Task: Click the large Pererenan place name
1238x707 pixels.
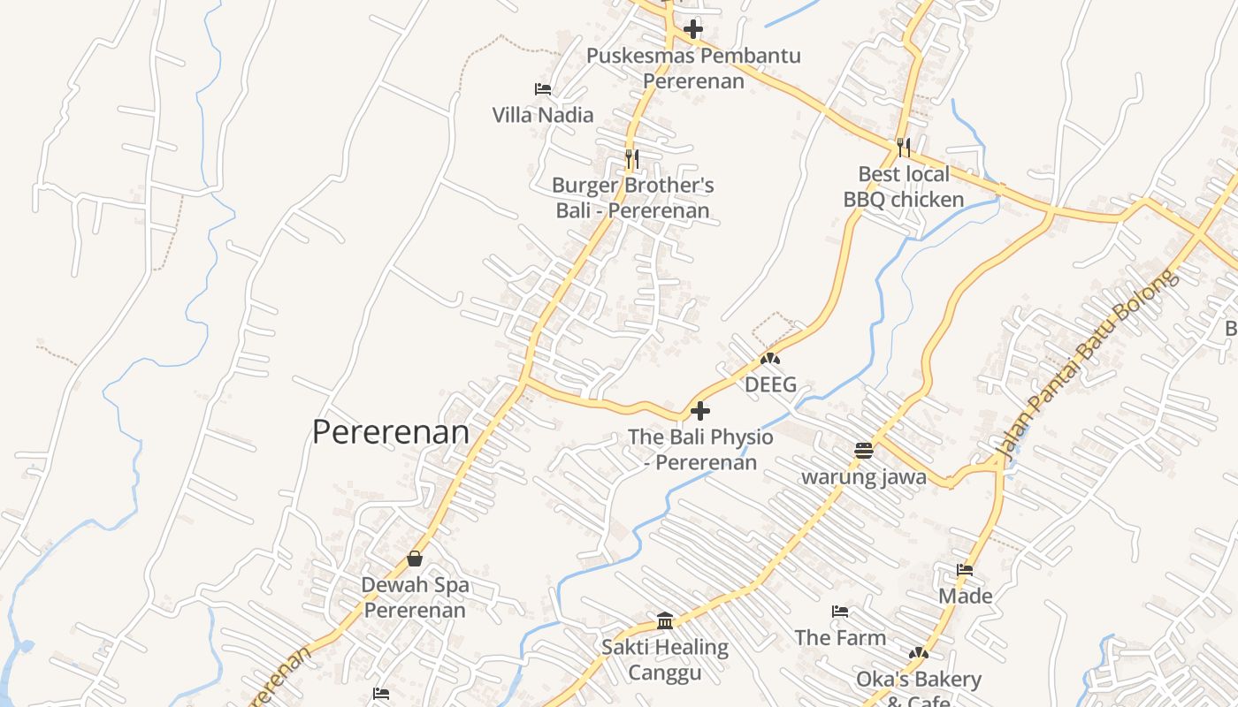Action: coord(391,432)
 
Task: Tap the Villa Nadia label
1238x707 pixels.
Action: coord(543,115)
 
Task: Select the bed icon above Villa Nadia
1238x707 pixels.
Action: coord(543,88)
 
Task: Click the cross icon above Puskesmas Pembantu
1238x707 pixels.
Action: coord(693,29)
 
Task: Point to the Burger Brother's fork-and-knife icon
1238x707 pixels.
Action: coord(632,159)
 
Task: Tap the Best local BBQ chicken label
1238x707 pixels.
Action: coord(903,186)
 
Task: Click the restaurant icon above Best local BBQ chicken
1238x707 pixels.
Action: coord(903,147)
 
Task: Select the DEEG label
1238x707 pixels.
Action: coord(770,384)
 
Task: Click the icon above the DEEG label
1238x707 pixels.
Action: coord(770,359)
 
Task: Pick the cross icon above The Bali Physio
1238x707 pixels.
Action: coord(700,411)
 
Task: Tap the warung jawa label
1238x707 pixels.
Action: coord(863,477)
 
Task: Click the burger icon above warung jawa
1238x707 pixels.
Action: coord(864,450)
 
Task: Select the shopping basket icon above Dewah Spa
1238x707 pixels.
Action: coord(415,559)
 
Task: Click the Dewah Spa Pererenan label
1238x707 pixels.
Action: coord(415,597)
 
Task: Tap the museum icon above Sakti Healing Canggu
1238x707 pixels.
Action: coord(665,620)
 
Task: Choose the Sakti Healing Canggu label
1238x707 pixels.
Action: coord(665,660)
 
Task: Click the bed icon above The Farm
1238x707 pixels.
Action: coord(840,612)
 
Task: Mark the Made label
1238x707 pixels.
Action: coord(965,596)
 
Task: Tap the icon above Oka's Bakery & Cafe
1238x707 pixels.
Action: coord(919,653)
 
